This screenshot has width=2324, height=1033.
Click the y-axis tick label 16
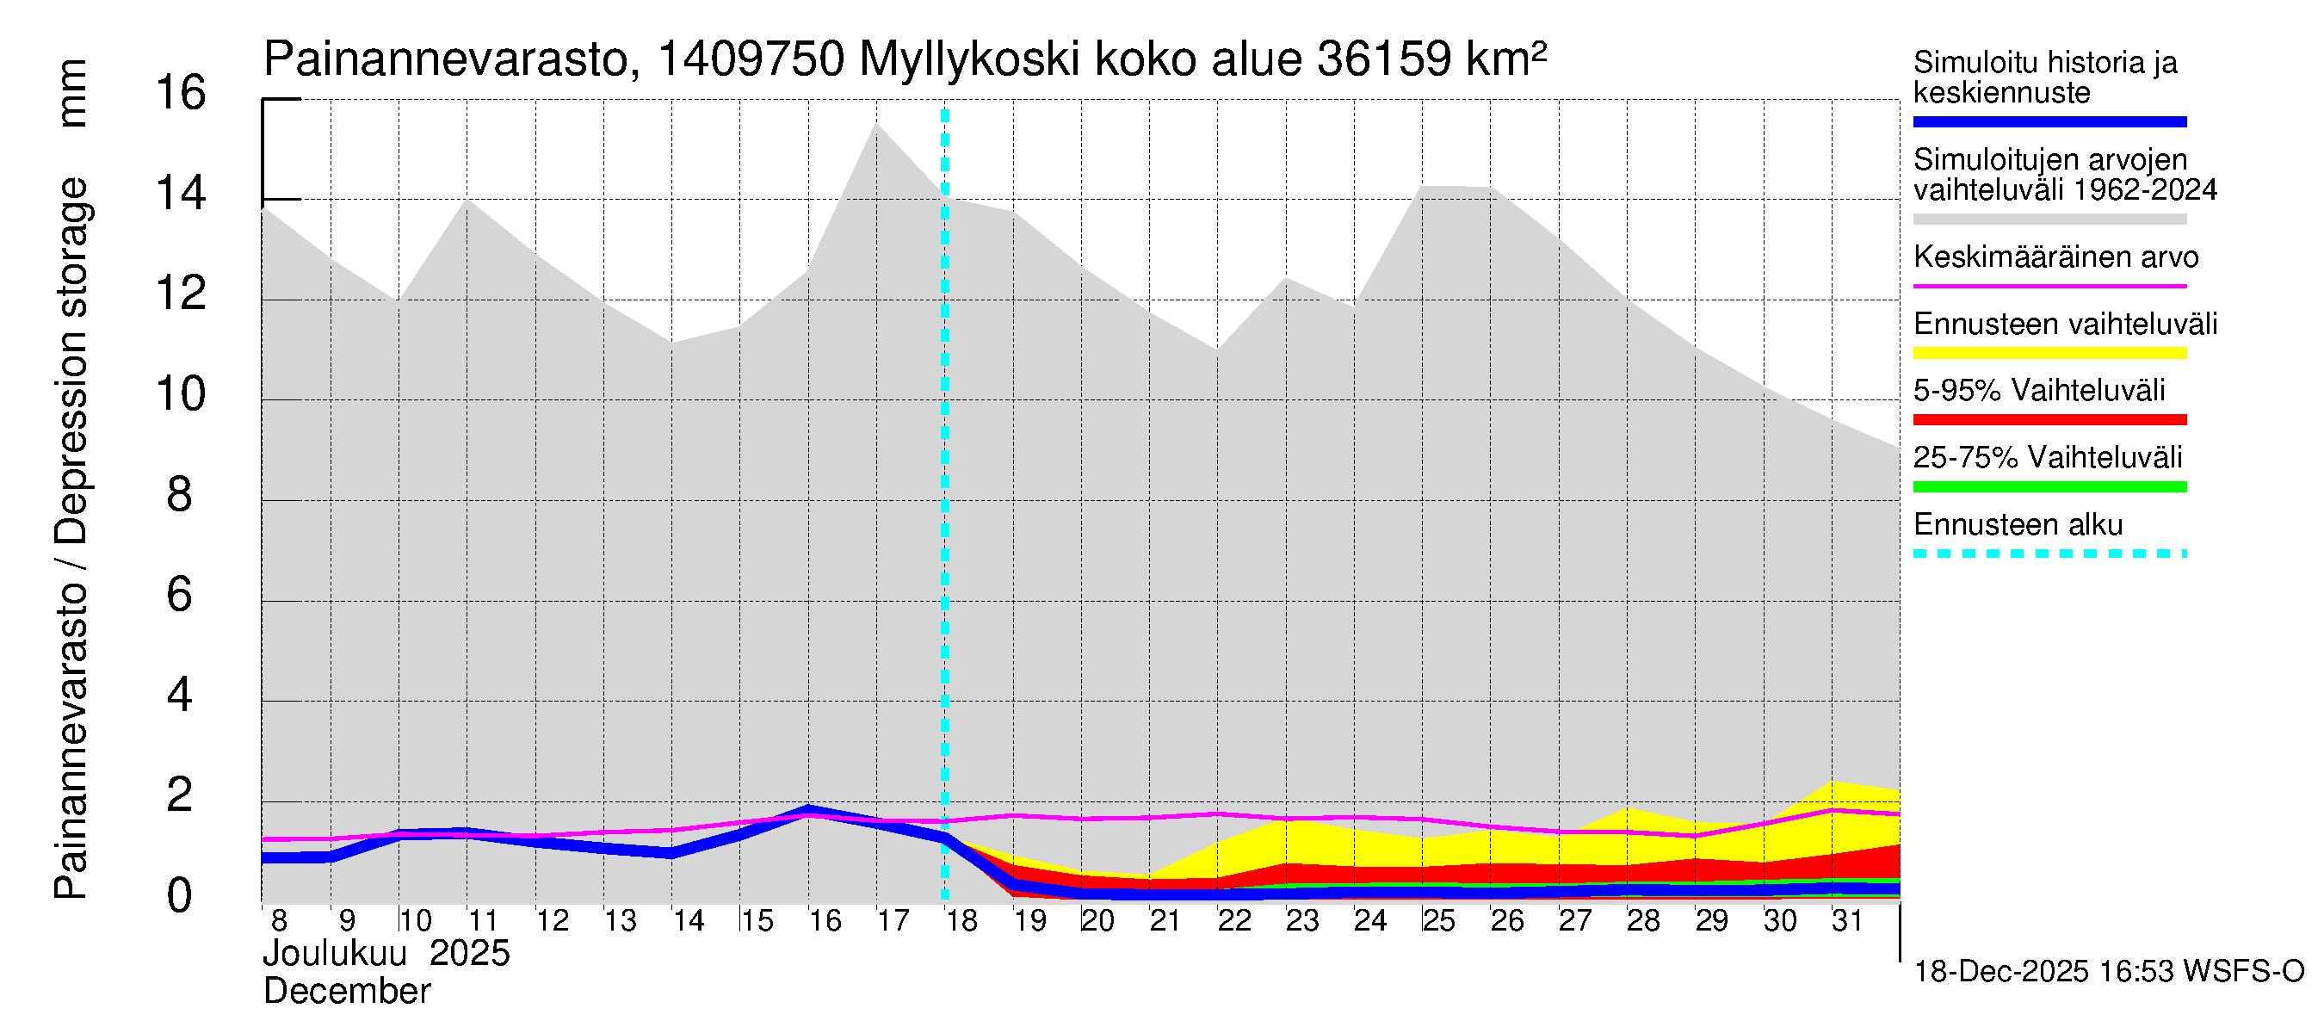[x=181, y=94]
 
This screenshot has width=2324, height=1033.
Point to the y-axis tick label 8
[x=180, y=495]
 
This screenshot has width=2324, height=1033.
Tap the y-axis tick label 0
[x=180, y=896]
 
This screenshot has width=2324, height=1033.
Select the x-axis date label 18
[x=961, y=921]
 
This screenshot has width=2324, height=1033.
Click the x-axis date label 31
[x=1847, y=921]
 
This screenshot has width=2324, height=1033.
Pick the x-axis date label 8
[x=279, y=921]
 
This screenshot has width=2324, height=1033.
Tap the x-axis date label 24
[x=1370, y=921]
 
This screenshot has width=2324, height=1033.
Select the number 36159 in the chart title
[x=1384, y=59]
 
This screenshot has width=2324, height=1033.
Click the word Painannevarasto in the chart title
[x=447, y=59]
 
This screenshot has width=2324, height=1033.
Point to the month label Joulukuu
[x=335, y=954]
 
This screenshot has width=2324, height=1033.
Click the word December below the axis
[x=346, y=992]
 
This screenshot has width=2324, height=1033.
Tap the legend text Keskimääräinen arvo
[x=2056, y=257]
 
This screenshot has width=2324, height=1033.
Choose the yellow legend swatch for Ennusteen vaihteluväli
[x=2049, y=353]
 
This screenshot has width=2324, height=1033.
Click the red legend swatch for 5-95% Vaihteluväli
[x=2049, y=419]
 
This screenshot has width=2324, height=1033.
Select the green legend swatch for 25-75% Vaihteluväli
[x=2049, y=487]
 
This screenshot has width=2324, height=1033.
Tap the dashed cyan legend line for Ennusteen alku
[x=2049, y=554]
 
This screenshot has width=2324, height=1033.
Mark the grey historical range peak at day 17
[x=876, y=125]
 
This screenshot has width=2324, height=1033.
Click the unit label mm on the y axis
[x=72, y=93]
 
